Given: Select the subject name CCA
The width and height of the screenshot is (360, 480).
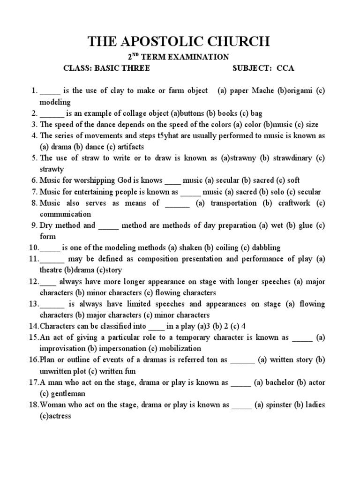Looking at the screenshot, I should (285, 68).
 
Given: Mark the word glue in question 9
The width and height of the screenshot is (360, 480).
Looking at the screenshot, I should (306, 225).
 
